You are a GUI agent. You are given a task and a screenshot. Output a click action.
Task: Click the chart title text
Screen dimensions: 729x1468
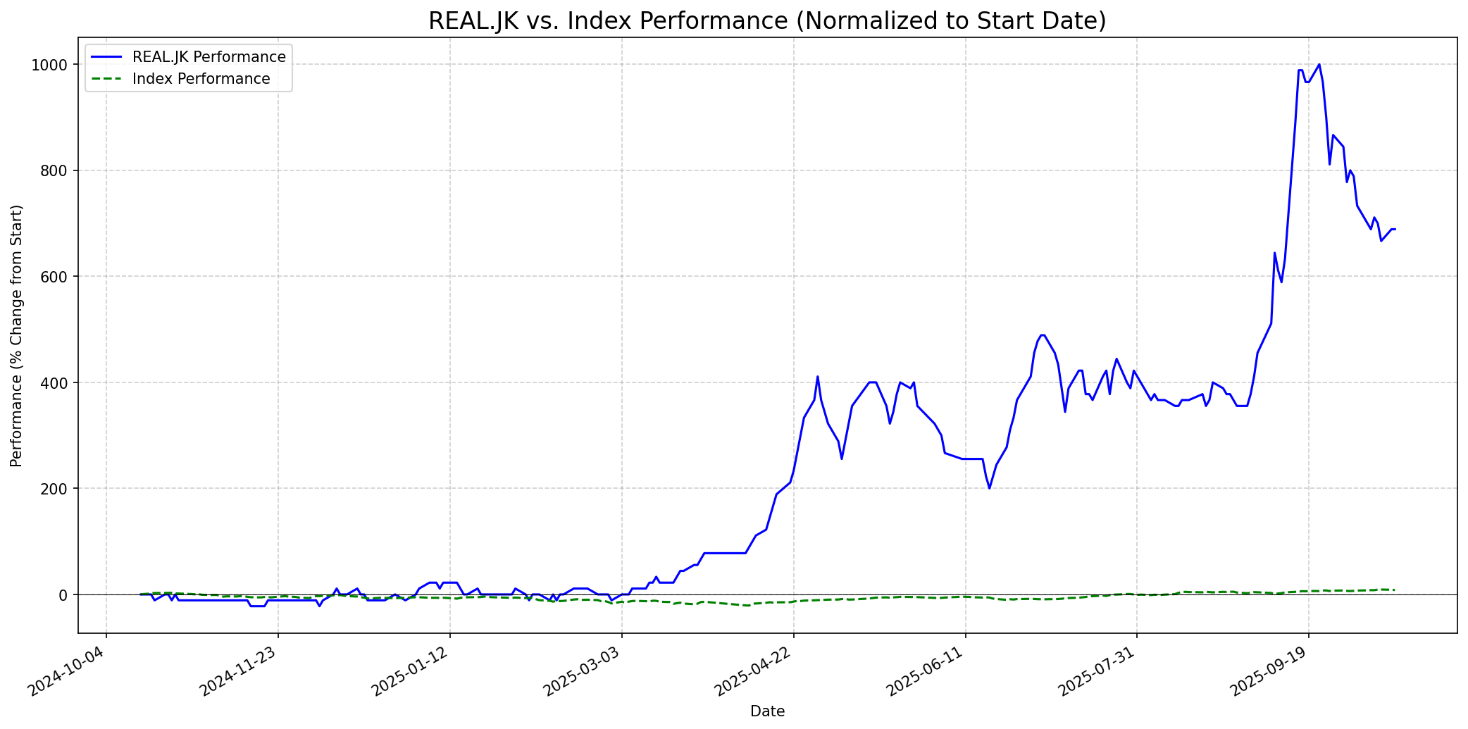767,21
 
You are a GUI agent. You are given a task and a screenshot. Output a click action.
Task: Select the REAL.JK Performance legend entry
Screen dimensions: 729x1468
209,57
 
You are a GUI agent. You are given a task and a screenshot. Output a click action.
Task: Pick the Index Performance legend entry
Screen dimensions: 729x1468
201,79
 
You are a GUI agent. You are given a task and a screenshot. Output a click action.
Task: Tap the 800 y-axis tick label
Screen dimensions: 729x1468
56,170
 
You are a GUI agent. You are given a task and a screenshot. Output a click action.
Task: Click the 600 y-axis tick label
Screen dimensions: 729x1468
56,277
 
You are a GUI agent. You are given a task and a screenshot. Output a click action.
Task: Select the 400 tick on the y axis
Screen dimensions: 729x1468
56,382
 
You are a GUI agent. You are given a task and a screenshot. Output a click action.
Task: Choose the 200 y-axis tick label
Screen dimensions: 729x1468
56,489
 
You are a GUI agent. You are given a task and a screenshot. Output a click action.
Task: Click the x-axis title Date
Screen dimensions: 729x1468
767,711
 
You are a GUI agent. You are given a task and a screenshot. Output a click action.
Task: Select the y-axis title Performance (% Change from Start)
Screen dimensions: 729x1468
17,335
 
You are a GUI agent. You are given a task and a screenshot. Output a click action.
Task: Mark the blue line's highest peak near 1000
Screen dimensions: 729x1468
1319,65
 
